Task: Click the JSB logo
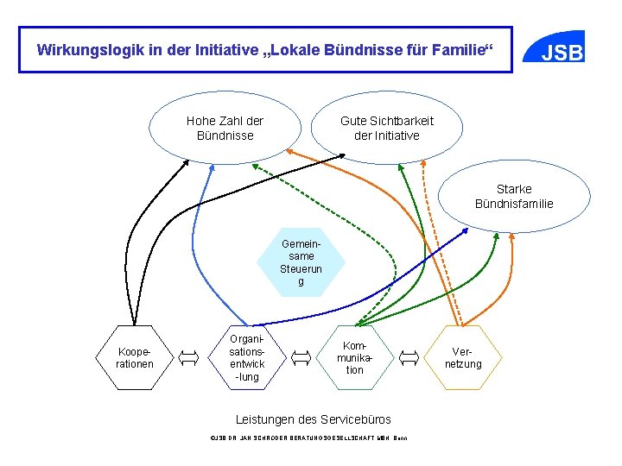tap(562, 53)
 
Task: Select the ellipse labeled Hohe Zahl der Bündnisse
tap(225, 129)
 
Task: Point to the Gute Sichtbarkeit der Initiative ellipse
tap(386, 129)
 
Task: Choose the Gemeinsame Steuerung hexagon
tap(301, 262)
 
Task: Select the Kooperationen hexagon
tap(135, 357)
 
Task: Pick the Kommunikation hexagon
tap(355, 356)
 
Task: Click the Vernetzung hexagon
tap(464, 357)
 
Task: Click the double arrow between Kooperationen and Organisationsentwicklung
tap(190, 356)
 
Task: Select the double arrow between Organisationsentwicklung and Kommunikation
tap(301, 356)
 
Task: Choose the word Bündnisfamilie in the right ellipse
tap(514, 204)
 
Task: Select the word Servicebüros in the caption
tap(354, 419)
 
